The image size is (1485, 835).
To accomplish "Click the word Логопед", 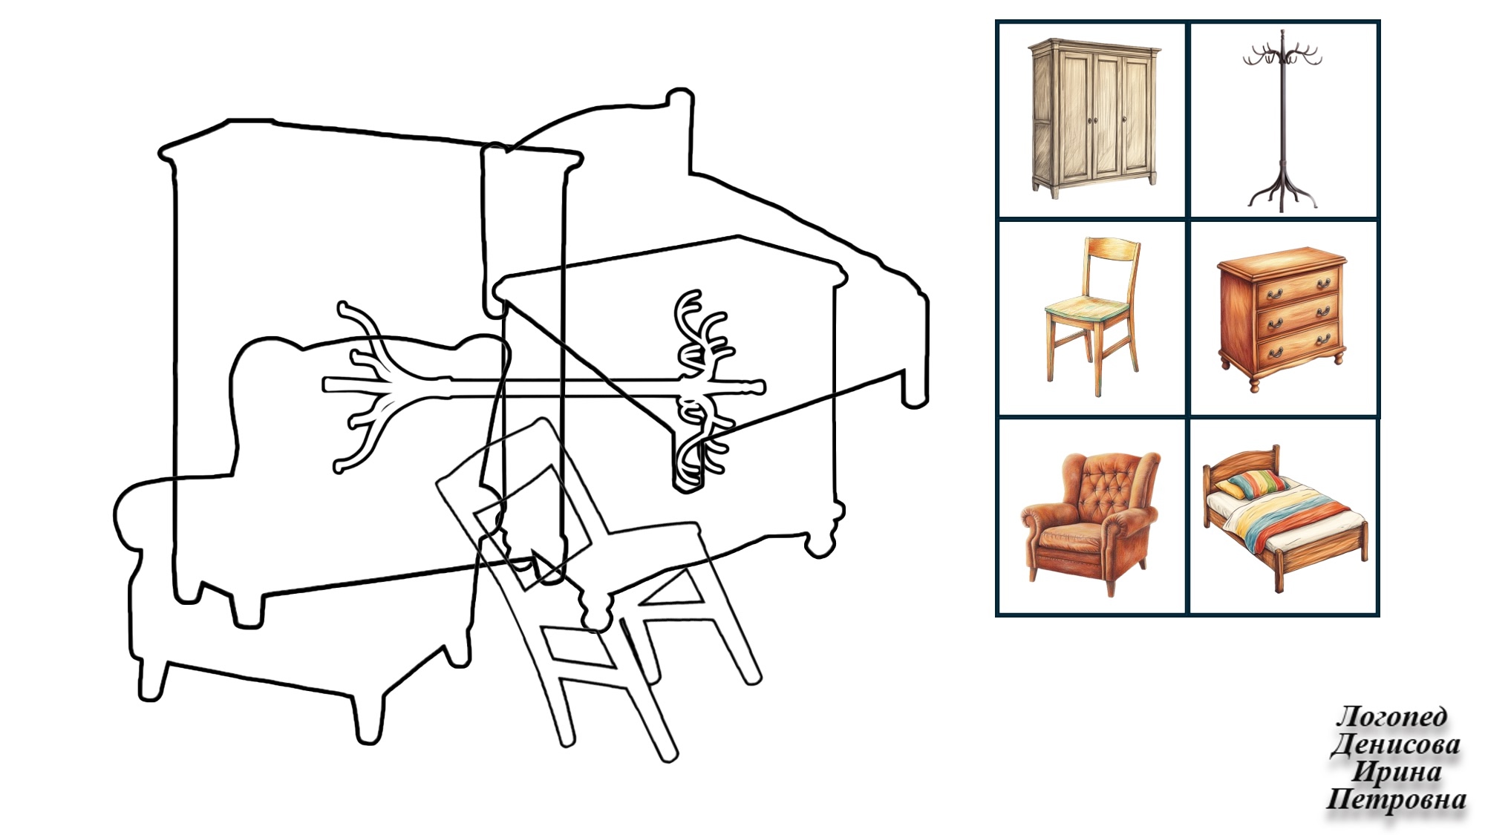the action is click(x=1391, y=717).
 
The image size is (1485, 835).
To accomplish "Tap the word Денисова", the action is click(x=1394, y=744).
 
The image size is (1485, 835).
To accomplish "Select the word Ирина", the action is click(x=1397, y=772).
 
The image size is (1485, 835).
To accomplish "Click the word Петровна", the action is click(x=1396, y=799).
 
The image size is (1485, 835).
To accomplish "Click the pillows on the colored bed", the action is click(x=1252, y=483).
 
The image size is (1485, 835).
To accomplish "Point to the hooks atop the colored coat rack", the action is click(x=1282, y=51).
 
